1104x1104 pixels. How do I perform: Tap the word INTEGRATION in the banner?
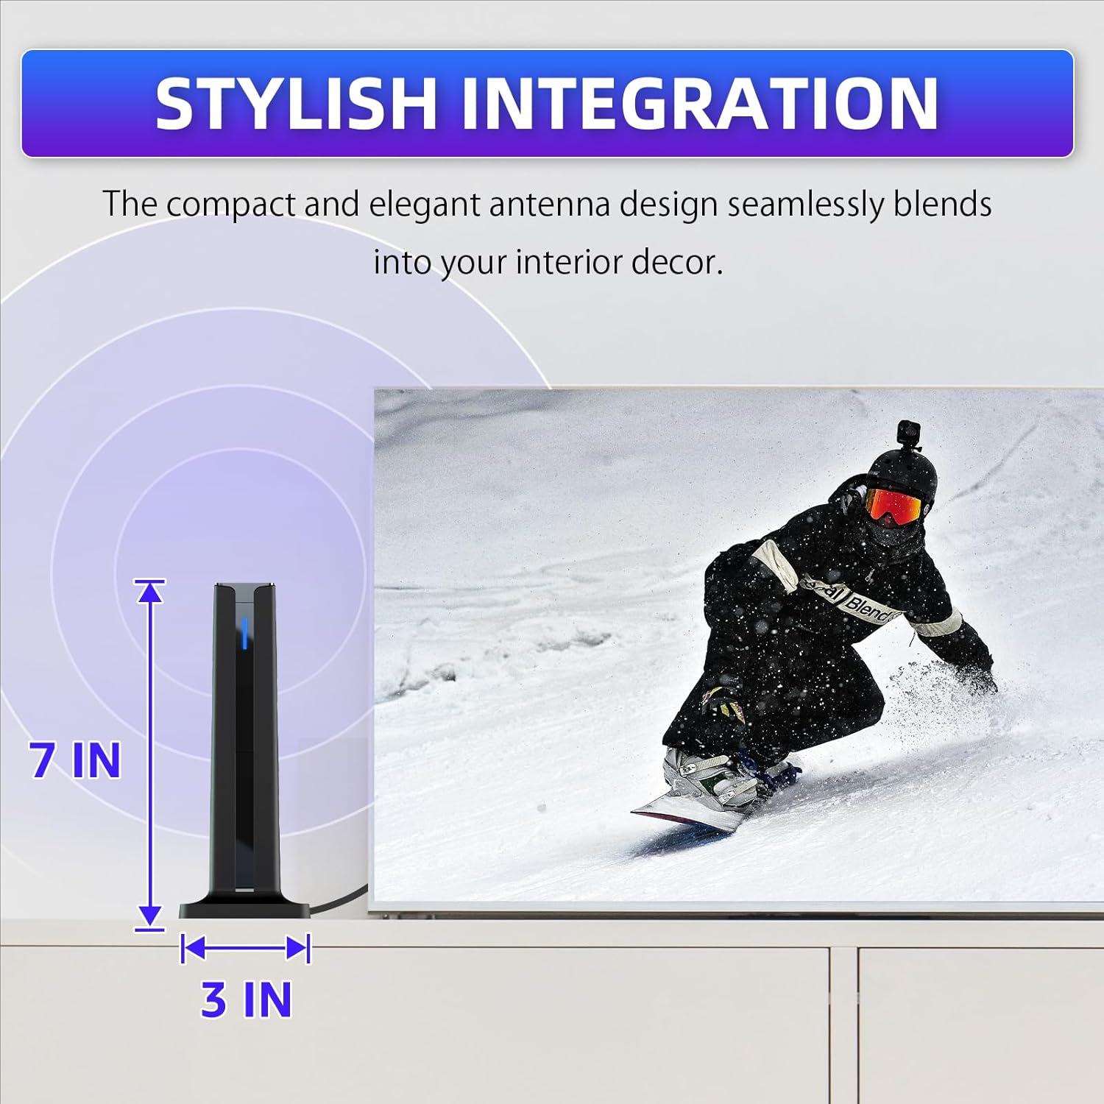click(x=699, y=104)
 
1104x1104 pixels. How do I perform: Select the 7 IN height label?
click(x=75, y=760)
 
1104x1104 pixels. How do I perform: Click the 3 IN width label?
click(x=247, y=999)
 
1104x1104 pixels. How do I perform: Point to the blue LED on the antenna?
click(x=244, y=633)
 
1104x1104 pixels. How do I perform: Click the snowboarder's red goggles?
click(x=893, y=506)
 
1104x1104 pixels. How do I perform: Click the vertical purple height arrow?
click(x=150, y=754)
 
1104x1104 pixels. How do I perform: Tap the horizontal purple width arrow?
click(x=245, y=948)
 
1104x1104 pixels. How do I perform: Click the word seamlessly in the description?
click(x=805, y=204)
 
